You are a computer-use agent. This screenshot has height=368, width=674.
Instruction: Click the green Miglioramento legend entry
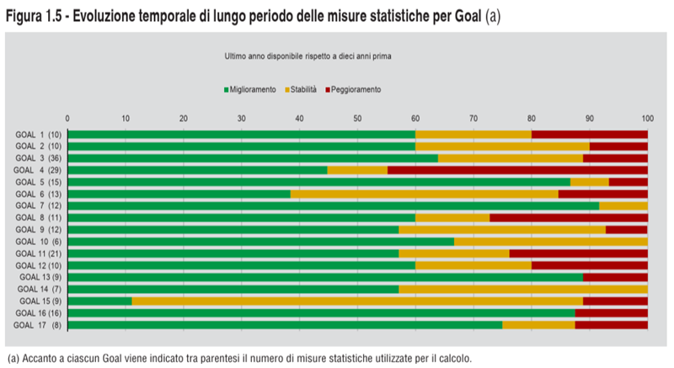pos(250,89)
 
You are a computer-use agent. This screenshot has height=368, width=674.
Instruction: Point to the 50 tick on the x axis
pos(357,118)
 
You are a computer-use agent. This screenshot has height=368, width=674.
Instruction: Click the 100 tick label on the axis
pos(647,118)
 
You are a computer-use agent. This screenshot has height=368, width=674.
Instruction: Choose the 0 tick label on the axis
pos(67,118)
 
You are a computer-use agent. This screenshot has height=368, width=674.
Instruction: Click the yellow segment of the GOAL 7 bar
pos(623,205)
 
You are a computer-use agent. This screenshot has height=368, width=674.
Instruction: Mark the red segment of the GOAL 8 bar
pos(569,217)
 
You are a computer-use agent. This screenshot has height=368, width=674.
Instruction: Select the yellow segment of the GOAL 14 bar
pos(523,289)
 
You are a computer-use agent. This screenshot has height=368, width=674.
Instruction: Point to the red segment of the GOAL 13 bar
pos(615,277)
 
